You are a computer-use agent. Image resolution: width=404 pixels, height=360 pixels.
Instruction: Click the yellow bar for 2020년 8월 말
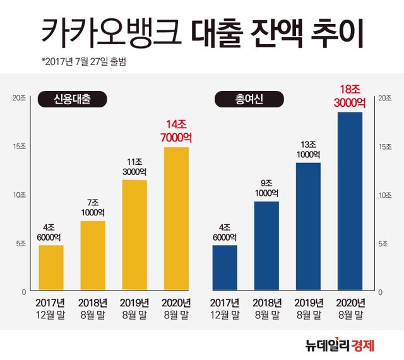(x=175, y=219)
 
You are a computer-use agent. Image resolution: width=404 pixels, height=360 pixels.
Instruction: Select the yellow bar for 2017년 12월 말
(x=51, y=268)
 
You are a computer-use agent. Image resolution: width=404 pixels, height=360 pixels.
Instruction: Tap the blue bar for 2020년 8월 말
(x=350, y=202)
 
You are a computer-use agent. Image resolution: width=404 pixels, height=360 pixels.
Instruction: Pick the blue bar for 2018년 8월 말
(x=266, y=246)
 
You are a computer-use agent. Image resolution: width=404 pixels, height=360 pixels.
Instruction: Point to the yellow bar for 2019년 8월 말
(x=134, y=236)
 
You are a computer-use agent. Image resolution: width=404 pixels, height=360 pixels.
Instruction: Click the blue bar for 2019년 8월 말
(x=308, y=227)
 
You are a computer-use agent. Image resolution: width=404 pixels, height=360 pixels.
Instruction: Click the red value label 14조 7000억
(x=175, y=131)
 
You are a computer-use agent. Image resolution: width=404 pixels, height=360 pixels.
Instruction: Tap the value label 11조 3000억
(x=134, y=165)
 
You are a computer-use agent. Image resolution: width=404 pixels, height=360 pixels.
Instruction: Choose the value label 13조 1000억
(x=308, y=148)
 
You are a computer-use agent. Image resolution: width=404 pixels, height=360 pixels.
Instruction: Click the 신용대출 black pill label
(x=71, y=99)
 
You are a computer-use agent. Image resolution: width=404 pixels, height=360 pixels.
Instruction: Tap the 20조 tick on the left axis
(x=19, y=98)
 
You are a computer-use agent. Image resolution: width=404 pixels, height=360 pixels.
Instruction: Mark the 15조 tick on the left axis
(x=19, y=146)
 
